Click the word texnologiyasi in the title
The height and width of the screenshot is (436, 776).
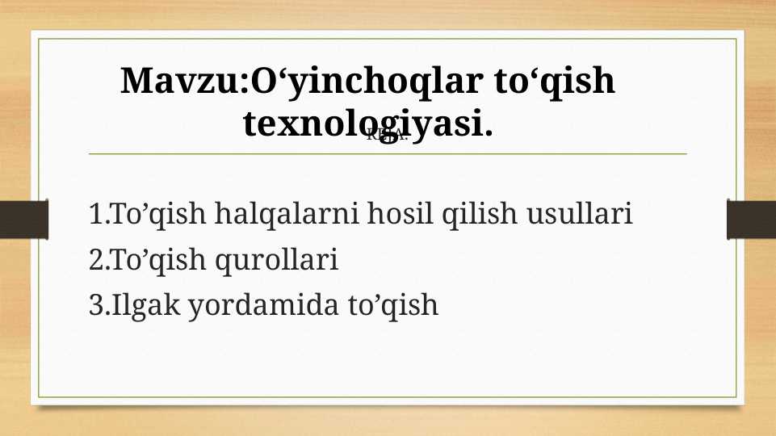[367, 125]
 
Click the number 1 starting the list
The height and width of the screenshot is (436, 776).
[97, 216]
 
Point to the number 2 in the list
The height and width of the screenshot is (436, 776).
[97, 261]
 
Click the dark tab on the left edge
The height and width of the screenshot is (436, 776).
[23, 220]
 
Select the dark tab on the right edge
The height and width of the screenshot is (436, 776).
[752, 220]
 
